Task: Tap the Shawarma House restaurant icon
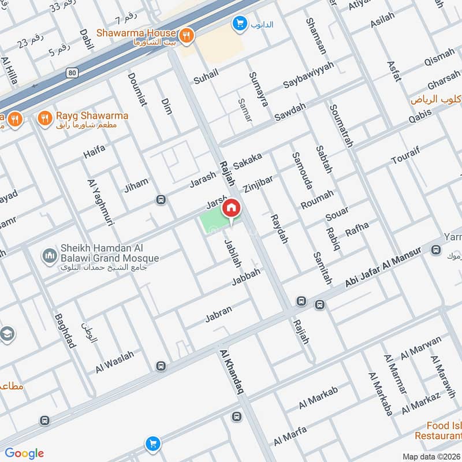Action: coord(185,36)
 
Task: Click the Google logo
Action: coord(24,453)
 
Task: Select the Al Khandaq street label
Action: coord(232,371)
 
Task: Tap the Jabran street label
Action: coord(218,314)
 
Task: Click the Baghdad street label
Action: coord(65,331)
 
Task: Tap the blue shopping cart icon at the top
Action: coord(237,24)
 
